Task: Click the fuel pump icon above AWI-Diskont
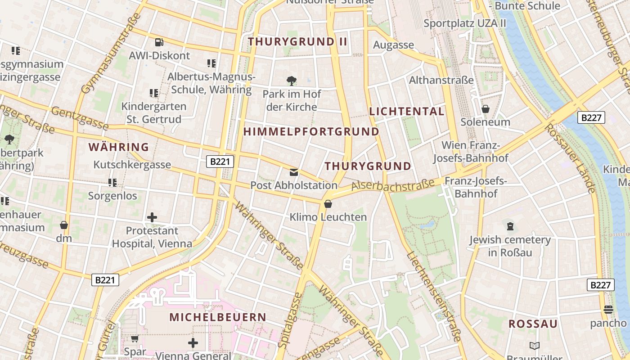158,42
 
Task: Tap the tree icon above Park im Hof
292,81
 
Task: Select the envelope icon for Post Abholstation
294,172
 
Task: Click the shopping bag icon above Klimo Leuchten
328,204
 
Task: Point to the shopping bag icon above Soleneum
486,109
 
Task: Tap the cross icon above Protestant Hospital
152,218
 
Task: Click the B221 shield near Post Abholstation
220,162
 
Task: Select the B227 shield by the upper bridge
591,118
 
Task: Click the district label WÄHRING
119,147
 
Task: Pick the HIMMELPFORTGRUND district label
311,132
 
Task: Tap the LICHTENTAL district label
407,112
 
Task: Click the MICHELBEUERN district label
218,317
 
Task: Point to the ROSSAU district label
533,324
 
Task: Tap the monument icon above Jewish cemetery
510,226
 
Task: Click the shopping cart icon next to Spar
135,338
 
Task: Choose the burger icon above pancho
608,310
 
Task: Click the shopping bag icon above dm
64,225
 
